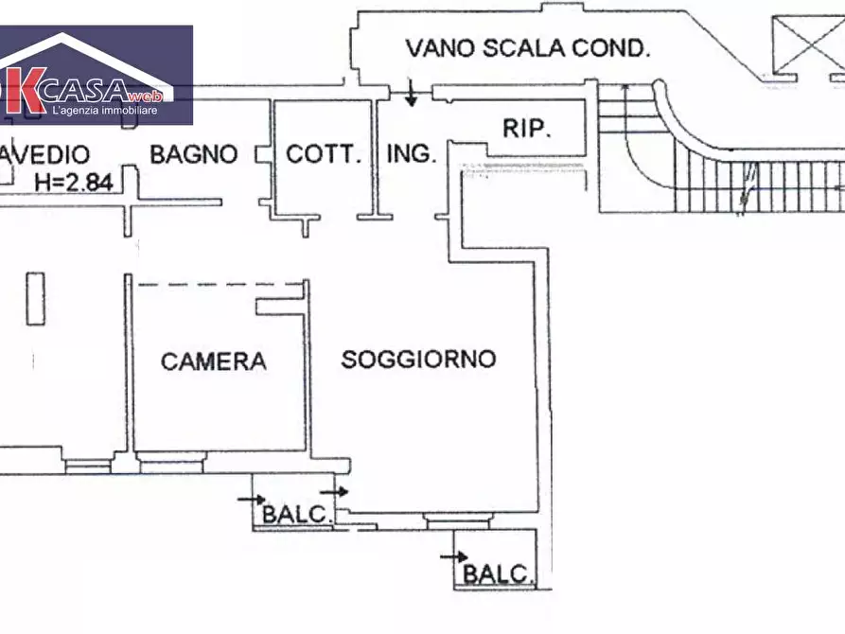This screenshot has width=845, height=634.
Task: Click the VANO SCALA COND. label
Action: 528,48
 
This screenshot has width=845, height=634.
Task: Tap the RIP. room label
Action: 527,128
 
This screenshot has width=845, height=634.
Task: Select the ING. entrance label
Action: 411,153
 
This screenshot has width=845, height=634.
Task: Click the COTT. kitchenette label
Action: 324,154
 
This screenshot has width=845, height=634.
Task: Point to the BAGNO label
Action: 193,154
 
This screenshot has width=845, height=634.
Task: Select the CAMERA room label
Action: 213,361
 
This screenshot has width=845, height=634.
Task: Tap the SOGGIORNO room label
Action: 418,359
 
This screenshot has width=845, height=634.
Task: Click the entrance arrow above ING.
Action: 412,93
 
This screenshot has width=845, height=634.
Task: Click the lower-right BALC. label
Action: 498,573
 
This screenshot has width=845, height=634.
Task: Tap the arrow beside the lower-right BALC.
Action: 455,557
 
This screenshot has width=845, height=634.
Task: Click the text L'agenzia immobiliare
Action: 104,112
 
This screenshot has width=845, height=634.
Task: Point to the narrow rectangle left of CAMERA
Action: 35,298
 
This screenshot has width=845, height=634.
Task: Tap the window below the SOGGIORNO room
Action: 458,519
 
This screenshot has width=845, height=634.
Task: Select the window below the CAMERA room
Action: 170,462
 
